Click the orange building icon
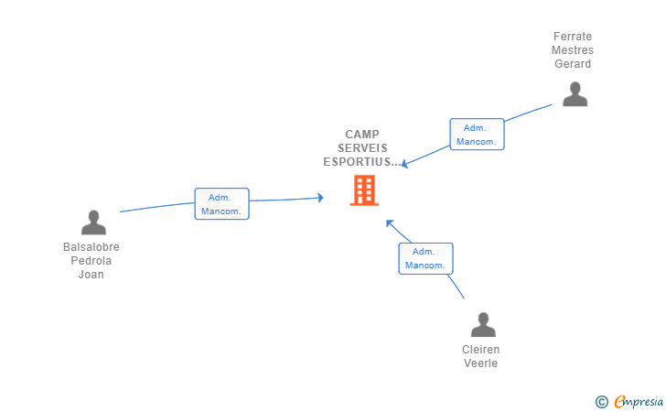(x=364, y=190)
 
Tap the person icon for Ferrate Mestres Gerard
(x=575, y=94)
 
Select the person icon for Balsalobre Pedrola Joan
(x=93, y=222)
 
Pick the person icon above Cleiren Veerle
(x=483, y=324)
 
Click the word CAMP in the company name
(x=362, y=135)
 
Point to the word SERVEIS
(x=362, y=148)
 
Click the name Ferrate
(x=573, y=37)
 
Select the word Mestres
(x=573, y=50)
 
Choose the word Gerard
(x=573, y=64)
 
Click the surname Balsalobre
(x=91, y=247)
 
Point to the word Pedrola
(x=91, y=261)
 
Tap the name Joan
(x=91, y=275)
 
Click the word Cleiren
(x=480, y=350)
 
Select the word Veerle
(x=480, y=363)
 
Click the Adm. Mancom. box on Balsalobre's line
(x=221, y=203)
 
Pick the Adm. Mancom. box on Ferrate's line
(x=477, y=135)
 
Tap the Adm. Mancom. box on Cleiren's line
(x=425, y=258)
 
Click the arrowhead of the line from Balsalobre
(x=321, y=197)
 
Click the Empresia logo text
(x=638, y=401)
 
